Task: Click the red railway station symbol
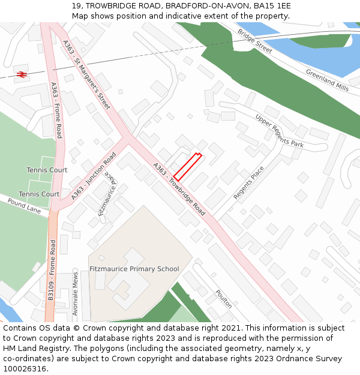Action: coord(22,74)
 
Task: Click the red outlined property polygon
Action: coord(187,167)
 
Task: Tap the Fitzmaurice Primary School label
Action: coord(134,269)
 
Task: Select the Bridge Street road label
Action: coord(254,41)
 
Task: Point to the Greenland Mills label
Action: coord(327,80)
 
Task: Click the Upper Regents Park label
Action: coord(279,131)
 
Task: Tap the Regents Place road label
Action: coord(248,183)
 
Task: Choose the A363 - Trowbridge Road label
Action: coord(179,189)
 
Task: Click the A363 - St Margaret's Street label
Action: coord(86,75)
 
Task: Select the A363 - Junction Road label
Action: coord(94,176)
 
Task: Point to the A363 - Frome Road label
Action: coord(56,110)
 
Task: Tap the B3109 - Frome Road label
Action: coord(52,270)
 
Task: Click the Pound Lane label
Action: coord(24,207)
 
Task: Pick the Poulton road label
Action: coord(223,298)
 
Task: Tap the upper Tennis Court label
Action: coord(47,170)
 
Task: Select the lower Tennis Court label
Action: coord(39,194)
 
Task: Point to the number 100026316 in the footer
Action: coord(25,368)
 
